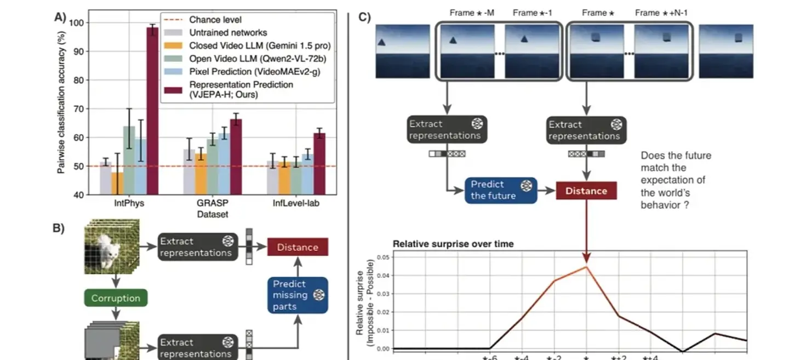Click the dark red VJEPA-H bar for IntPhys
tap(152, 110)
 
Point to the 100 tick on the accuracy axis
tap(81, 23)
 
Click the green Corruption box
tap(116, 299)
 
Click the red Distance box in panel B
tap(298, 247)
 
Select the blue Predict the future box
tap(493, 190)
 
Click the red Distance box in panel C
tap(586, 191)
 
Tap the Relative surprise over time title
tap(453, 244)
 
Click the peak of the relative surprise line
tap(586, 267)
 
